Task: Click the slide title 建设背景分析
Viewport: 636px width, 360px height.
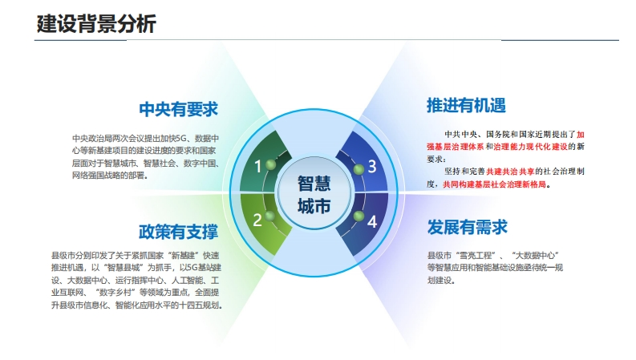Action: coord(96,23)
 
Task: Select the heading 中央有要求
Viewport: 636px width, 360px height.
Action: coord(179,110)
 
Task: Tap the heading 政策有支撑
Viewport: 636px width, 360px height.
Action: coord(179,232)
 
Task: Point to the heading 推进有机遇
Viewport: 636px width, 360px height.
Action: coord(467,105)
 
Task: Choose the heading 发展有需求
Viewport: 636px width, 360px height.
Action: coord(468,228)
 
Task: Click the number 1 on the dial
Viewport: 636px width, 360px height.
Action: coord(257,166)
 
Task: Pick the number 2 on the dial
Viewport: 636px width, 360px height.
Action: coord(257,220)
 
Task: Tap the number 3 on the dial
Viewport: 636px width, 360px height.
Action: coord(372,166)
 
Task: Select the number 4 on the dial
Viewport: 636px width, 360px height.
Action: coord(372,222)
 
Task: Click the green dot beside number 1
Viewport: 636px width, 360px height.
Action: coord(270,164)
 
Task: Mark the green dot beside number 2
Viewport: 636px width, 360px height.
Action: coord(269,216)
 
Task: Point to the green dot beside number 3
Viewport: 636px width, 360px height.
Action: coord(359,169)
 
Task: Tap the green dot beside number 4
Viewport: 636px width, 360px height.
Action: coord(359,216)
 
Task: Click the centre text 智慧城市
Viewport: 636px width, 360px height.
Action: coord(314,195)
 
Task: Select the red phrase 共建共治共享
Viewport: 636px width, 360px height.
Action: coord(510,172)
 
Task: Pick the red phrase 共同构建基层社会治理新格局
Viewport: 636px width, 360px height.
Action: coord(494,184)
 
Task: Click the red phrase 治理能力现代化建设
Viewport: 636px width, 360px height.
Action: coord(531,147)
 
